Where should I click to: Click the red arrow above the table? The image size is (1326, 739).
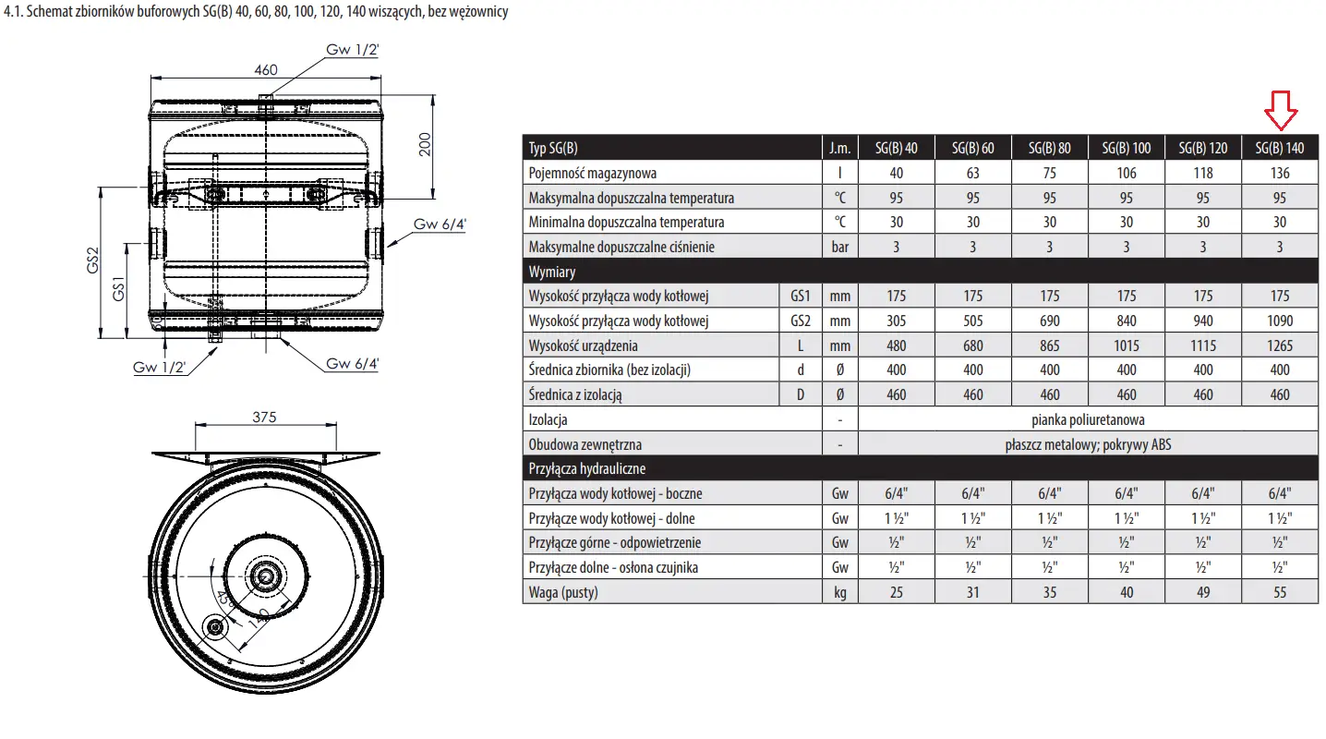pyautogui.click(x=1281, y=110)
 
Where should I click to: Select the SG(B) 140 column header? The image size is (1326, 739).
pyautogui.click(x=1279, y=148)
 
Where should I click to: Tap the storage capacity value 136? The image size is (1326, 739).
pyautogui.click(x=1279, y=173)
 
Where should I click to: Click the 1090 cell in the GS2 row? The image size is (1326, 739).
pyautogui.click(x=1279, y=321)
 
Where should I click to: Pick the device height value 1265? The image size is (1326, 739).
pyautogui.click(x=1279, y=345)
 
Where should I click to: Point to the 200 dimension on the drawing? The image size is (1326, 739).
pyautogui.click(x=425, y=144)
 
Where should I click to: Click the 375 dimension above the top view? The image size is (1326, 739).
pyautogui.click(x=264, y=417)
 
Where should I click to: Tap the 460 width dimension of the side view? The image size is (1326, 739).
pyautogui.click(x=266, y=70)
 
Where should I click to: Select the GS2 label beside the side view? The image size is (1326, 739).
pyautogui.click(x=92, y=260)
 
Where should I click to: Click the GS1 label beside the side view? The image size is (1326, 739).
pyautogui.click(x=118, y=289)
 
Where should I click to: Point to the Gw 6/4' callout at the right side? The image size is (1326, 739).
pyautogui.click(x=440, y=224)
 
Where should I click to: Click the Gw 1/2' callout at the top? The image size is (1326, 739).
pyautogui.click(x=352, y=50)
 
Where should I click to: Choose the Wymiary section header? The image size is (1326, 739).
pyautogui.click(x=551, y=272)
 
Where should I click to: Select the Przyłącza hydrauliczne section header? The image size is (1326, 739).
pyautogui.click(x=586, y=468)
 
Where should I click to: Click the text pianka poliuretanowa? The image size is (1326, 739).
pyautogui.click(x=1088, y=419)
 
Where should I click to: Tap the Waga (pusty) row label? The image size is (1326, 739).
pyautogui.click(x=563, y=592)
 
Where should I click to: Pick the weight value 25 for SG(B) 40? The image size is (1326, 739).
pyautogui.click(x=897, y=592)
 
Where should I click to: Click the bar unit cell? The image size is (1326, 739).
pyautogui.click(x=839, y=247)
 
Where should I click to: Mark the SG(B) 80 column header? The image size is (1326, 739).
pyautogui.click(x=1049, y=148)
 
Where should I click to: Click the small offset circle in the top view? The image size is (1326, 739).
pyautogui.click(x=215, y=626)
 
